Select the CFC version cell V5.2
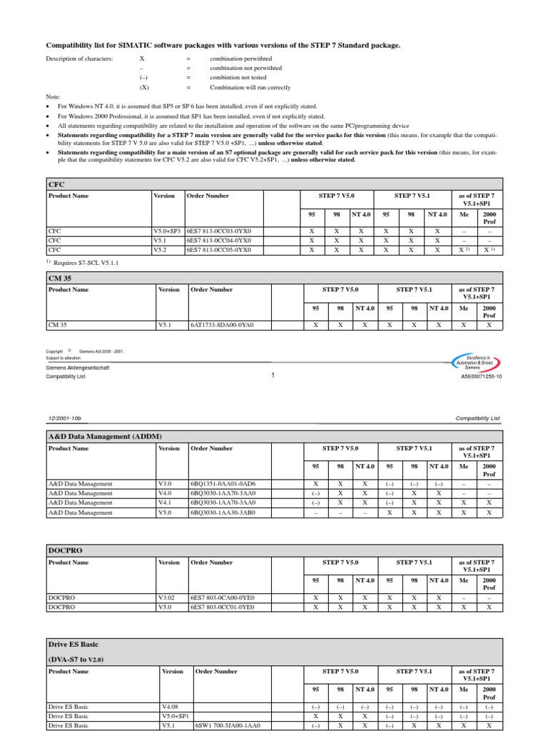[163, 251]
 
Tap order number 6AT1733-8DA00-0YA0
[222, 325]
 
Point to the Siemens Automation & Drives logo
[477, 361]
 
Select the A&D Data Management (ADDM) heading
[105, 435]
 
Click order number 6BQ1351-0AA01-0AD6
[222, 483]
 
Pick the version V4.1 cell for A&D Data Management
[164, 503]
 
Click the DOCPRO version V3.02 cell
[166, 597]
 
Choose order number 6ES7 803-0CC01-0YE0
[222, 607]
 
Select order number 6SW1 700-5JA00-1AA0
[228, 725]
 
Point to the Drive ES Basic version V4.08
[171, 706]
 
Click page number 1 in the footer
[273, 375]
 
